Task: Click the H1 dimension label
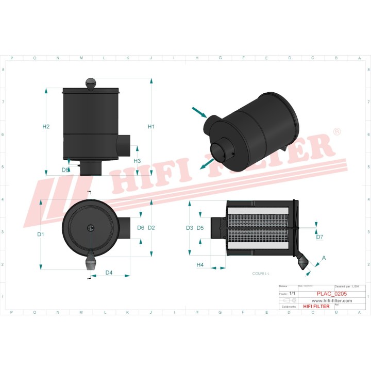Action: click(x=151, y=126)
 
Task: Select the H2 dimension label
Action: click(x=46, y=127)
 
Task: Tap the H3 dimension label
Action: click(x=137, y=161)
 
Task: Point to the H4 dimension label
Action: click(x=200, y=265)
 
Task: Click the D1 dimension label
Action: click(x=41, y=234)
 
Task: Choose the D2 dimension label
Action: click(x=151, y=227)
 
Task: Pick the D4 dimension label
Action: click(x=109, y=272)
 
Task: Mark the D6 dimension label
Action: click(x=141, y=227)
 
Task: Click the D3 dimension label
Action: click(x=189, y=227)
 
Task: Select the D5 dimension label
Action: click(x=200, y=227)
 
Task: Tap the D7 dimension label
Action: click(x=319, y=237)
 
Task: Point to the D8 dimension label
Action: click(x=65, y=170)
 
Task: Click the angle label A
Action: click(x=324, y=257)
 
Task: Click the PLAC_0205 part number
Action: click(x=331, y=294)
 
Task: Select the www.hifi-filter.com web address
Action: click(x=331, y=300)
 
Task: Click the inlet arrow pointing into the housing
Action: click(x=199, y=112)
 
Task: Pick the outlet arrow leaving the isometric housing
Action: click(x=206, y=163)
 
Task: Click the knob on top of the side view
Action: click(x=91, y=83)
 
